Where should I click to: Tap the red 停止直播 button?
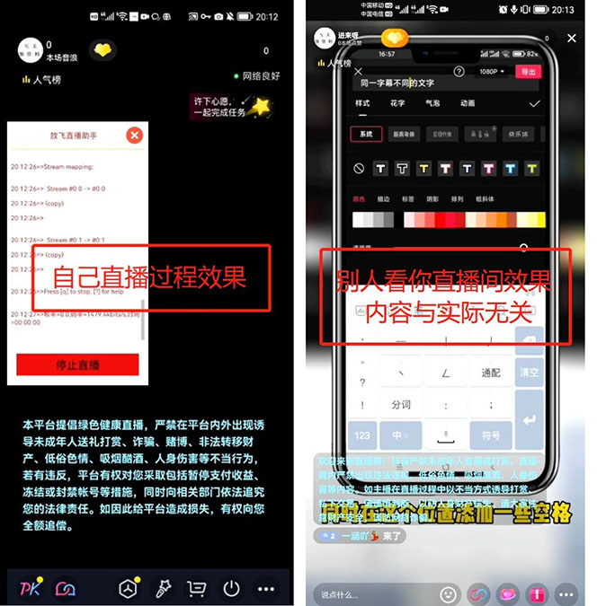tap(77, 364)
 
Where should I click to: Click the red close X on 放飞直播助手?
tap(134, 136)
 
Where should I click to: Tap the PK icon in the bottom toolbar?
tap(30, 589)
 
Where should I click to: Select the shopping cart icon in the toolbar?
tap(195, 589)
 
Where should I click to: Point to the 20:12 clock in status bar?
tap(267, 16)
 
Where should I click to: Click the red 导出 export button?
tap(528, 71)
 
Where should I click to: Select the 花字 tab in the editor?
tap(397, 103)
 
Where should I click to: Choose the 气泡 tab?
tap(432, 103)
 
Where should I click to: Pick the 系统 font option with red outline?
tap(365, 134)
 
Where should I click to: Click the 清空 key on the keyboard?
tap(529, 373)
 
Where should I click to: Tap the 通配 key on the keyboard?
tap(491, 373)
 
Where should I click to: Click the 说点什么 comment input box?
tap(369, 593)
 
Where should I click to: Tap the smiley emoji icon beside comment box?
tap(447, 593)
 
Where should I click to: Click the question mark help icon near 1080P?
tap(459, 71)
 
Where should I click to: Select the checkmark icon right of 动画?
tap(535, 103)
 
